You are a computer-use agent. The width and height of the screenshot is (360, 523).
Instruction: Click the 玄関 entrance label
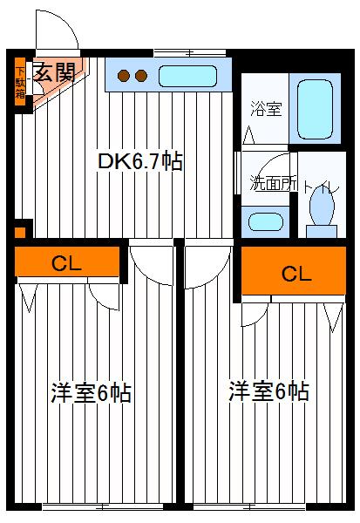tap(53, 73)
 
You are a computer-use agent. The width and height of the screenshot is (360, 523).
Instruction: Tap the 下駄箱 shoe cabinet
tap(20, 84)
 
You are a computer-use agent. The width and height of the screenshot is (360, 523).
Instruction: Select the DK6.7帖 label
tap(139, 162)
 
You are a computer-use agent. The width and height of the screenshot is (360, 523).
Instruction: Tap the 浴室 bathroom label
tap(265, 111)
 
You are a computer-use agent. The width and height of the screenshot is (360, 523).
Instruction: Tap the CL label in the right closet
tap(295, 273)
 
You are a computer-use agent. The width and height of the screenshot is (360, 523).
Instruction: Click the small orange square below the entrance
tap(20, 233)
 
